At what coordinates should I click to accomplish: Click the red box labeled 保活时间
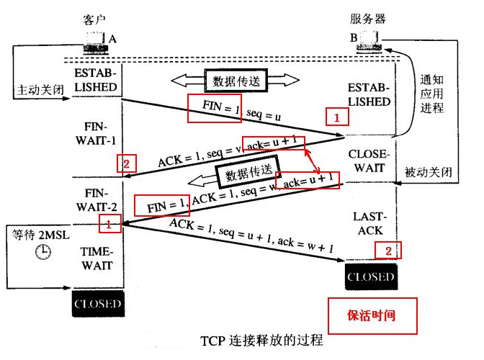(x=372, y=315)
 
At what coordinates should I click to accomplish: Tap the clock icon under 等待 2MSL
(x=44, y=251)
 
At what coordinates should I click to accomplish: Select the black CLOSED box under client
(x=97, y=304)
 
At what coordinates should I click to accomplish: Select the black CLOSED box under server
(x=371, y=276)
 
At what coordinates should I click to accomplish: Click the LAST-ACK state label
(x=371, y=223)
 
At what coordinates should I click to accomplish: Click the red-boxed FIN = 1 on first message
(x=211, y=107)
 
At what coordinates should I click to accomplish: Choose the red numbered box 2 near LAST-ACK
(x=387, y=250)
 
